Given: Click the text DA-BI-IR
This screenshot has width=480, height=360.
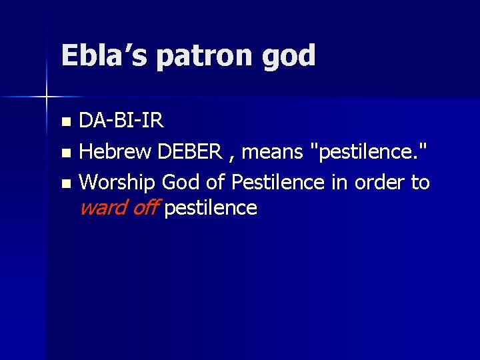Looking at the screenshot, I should click(121, 121).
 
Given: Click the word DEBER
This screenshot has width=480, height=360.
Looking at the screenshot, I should click(189, 151).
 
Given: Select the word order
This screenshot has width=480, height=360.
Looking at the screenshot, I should click(380, 181).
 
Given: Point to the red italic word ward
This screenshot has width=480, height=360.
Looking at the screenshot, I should click(101, 208).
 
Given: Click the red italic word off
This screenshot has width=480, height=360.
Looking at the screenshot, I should click(144, 208).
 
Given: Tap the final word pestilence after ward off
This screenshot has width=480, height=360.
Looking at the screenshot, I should click(210, 209).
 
